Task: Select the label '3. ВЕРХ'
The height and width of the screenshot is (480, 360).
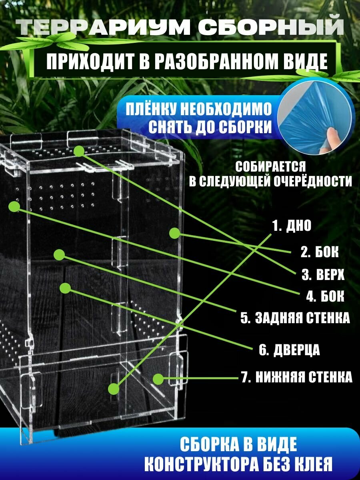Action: click(x=323, y=275)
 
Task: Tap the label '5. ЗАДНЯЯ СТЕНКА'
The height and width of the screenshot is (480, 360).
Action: click(x=295, y=318)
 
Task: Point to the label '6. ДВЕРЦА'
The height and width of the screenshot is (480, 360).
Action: click(x=289, y=350)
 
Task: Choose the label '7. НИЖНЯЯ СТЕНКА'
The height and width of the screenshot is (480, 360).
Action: click(x=297, y=377)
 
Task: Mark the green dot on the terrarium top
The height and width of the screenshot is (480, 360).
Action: click(x=79, y=151)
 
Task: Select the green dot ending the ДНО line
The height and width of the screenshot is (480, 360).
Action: click(x=114, y=388)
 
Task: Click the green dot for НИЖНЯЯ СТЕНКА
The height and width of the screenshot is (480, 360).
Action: click(x=158, y=378)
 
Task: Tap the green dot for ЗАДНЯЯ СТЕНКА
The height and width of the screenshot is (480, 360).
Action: click(x=59, y=255)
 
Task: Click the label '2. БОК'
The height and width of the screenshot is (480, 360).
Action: click(x=320, y=252)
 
